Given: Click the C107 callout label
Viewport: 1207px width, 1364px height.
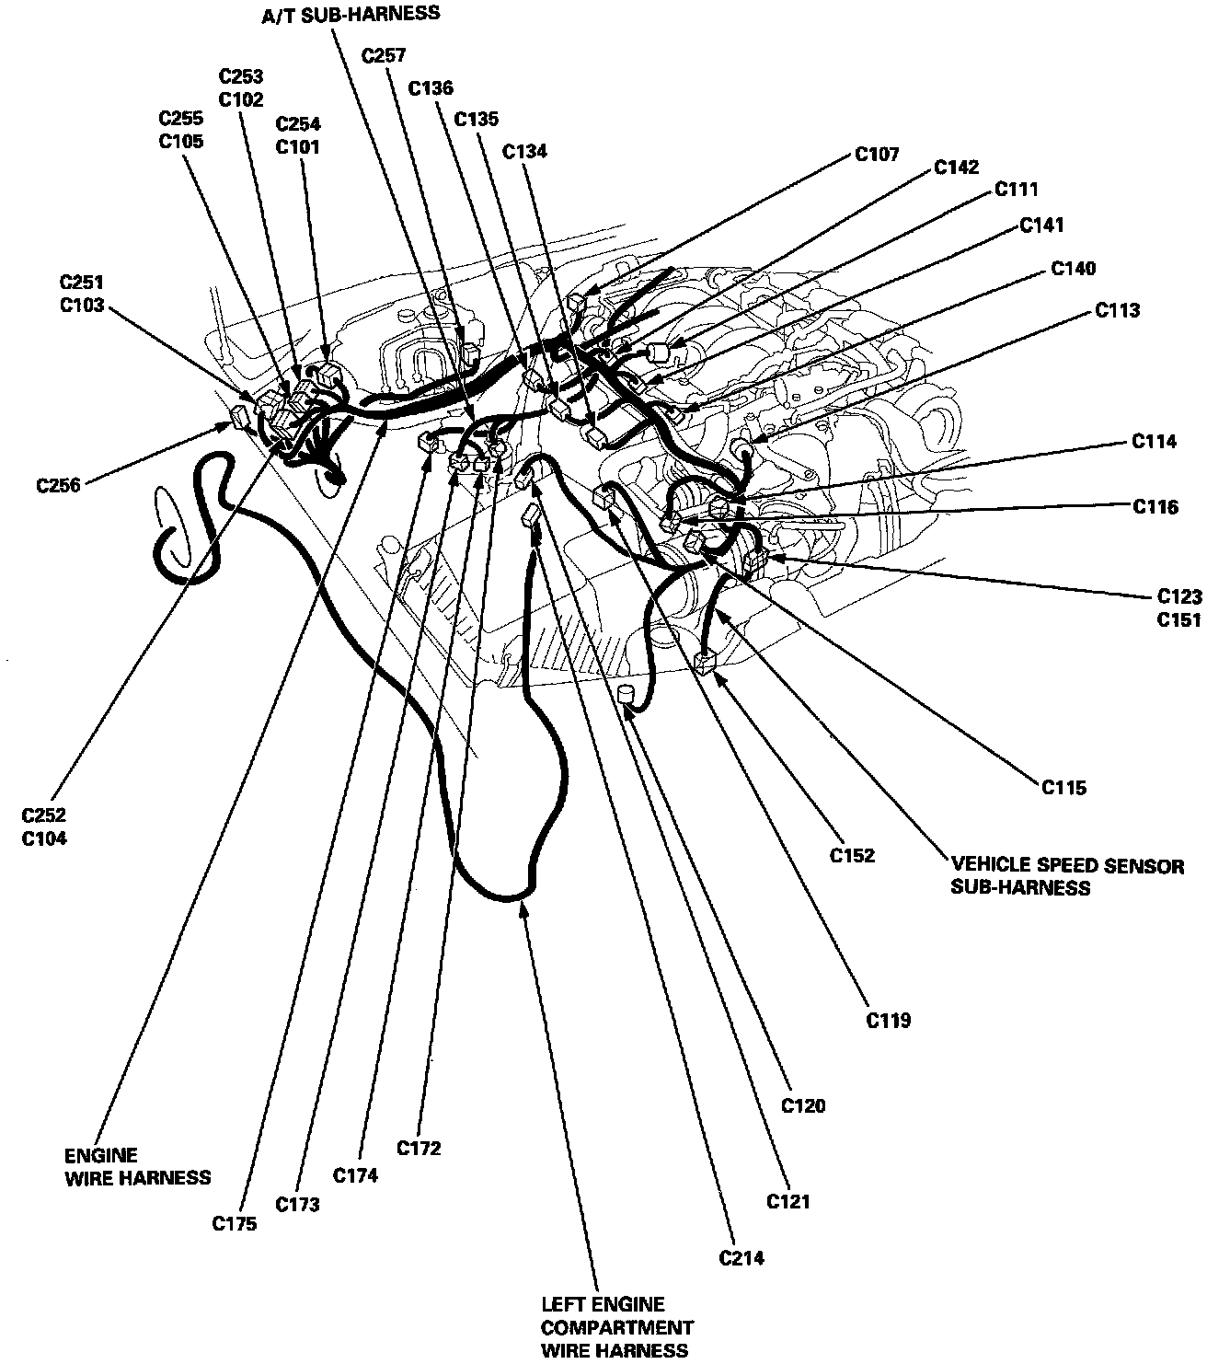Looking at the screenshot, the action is tap(877, 154).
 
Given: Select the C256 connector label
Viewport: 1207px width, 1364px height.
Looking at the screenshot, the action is tap(58, 485).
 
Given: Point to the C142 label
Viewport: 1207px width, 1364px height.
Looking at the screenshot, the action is tap(956, 168).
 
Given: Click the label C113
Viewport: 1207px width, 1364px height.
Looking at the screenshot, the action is tap(1117, 310).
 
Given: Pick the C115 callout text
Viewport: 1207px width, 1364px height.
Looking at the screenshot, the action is tap(1063, 787).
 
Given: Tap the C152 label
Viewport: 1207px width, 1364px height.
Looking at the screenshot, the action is tap(852, 855).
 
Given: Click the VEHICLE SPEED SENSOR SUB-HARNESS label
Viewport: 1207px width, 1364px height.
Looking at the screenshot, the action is tap(1067, 876).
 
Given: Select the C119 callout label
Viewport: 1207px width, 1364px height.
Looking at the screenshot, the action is tap(888, 1020).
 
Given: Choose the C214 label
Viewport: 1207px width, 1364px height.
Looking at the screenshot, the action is tap(741, 1258).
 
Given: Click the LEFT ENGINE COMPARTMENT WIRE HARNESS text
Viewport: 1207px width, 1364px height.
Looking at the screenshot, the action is tap(616, 1328).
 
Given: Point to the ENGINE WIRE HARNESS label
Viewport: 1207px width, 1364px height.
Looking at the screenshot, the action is tap(137, 1166).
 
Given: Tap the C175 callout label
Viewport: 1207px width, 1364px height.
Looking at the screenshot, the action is tap(235, 1223).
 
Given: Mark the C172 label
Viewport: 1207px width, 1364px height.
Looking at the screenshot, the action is tap(419, 1148).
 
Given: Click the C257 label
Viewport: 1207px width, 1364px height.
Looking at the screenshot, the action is tap(384, 55).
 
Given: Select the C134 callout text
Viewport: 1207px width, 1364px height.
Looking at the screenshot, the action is tap(524, 151).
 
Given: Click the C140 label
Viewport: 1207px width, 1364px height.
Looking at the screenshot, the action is tap(1073, 268).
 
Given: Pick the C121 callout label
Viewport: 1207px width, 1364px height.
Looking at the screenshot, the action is tap(788, 1201).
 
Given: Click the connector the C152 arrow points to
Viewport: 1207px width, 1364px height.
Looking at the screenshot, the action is tap(707, 662).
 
